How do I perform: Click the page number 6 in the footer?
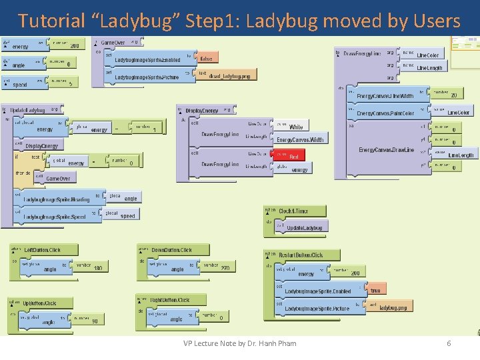(x=449, y=343)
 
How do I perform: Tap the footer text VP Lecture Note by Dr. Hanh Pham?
(x=239, y=343)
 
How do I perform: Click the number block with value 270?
(x=223, y=267)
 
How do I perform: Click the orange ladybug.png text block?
(x=393, y=307)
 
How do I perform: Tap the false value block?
(x=207, y=59)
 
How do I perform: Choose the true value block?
(x=375, y=291)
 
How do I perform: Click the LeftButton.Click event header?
(x=42, y=250)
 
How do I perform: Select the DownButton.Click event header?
(x=171, y=250)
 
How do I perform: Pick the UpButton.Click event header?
(x=40, y=303)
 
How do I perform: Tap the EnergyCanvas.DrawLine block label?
(x=385, y=150)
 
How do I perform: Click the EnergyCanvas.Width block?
(x=300, y=140)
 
